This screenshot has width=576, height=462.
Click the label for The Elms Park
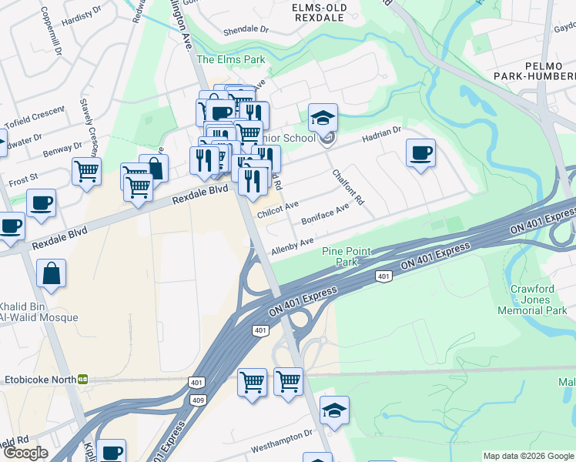[230, 59]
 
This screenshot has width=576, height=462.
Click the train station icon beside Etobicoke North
[82, 379]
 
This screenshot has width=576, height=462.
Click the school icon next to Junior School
[323, 118]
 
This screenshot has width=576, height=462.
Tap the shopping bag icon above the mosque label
[51, 273]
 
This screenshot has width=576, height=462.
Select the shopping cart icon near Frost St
[86, 171]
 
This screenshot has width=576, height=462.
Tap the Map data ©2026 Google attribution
[528, 456]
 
